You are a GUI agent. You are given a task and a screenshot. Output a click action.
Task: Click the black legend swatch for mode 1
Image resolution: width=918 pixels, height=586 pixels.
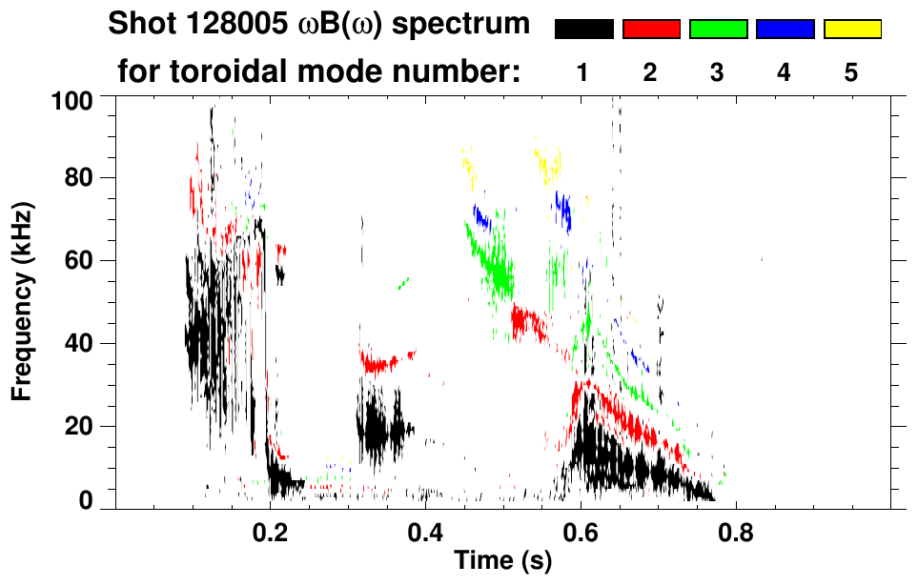(584, 30)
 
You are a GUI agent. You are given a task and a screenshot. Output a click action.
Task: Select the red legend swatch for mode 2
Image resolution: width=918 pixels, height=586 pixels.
(651, 30)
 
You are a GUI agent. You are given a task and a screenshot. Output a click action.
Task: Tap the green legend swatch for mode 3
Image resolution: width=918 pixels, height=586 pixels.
(718, 30)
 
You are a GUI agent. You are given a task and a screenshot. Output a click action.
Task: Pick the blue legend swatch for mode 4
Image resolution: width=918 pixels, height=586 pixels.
(785, 30)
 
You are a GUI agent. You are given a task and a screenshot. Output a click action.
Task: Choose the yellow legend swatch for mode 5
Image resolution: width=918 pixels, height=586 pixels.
(852, 30)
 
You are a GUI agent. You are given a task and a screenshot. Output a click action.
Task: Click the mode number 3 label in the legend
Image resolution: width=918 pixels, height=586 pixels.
(717, 72)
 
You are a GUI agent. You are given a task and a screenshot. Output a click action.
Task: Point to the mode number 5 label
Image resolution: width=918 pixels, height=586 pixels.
(851, 72)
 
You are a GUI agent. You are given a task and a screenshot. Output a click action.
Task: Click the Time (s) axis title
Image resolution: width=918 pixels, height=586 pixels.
(502, 561)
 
